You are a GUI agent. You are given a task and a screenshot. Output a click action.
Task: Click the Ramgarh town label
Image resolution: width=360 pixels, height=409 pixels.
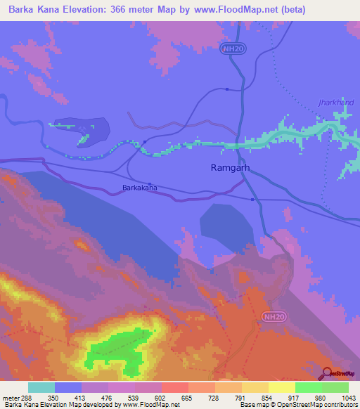[231, 168]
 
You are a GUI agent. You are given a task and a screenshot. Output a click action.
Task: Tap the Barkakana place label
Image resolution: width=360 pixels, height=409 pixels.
[140, 188]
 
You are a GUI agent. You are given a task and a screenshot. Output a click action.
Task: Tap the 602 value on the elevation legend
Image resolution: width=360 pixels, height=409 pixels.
[161, 398]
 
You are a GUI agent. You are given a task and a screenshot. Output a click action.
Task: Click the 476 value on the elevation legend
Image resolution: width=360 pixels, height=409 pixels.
[108, 398]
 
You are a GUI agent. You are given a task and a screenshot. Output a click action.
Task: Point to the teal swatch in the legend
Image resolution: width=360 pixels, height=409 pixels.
[41, 387]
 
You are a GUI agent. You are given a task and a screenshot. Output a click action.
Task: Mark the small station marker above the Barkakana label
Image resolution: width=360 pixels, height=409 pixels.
[140, 182]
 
